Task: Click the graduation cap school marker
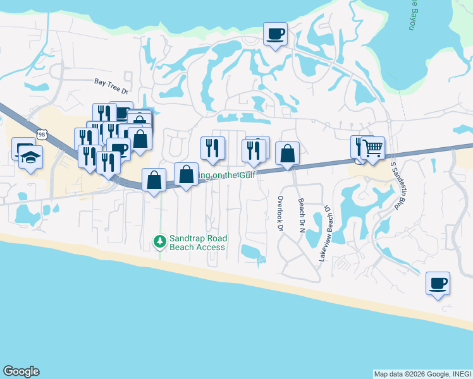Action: pyautogui.click(x=31, y=157)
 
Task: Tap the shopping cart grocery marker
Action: pyautogui.click(x=373, y=148)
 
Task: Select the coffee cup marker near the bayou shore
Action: pyautogui.click(x=275, y=33)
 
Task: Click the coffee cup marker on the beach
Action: pyautogui.click(x=438, y=283)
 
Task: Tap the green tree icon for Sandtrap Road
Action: pyautogui.click(x=161, y=241)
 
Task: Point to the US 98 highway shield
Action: pyautogui.click(x=42, y=135)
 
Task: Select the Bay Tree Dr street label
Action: pyautogui.click(x=111, y=82)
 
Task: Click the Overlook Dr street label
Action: pyautogui.click(x=279, y=213)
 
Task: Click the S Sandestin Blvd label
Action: pyautogui.click(x=396, y=185)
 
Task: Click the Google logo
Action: pyautogui.click(x=21, y=371)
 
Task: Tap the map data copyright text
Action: pyautogui.click(x=422, y=374)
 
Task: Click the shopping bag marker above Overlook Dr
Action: pyautogui.click(x=287, y=153)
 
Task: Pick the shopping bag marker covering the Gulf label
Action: pyautogui.click(x=187, y=175)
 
